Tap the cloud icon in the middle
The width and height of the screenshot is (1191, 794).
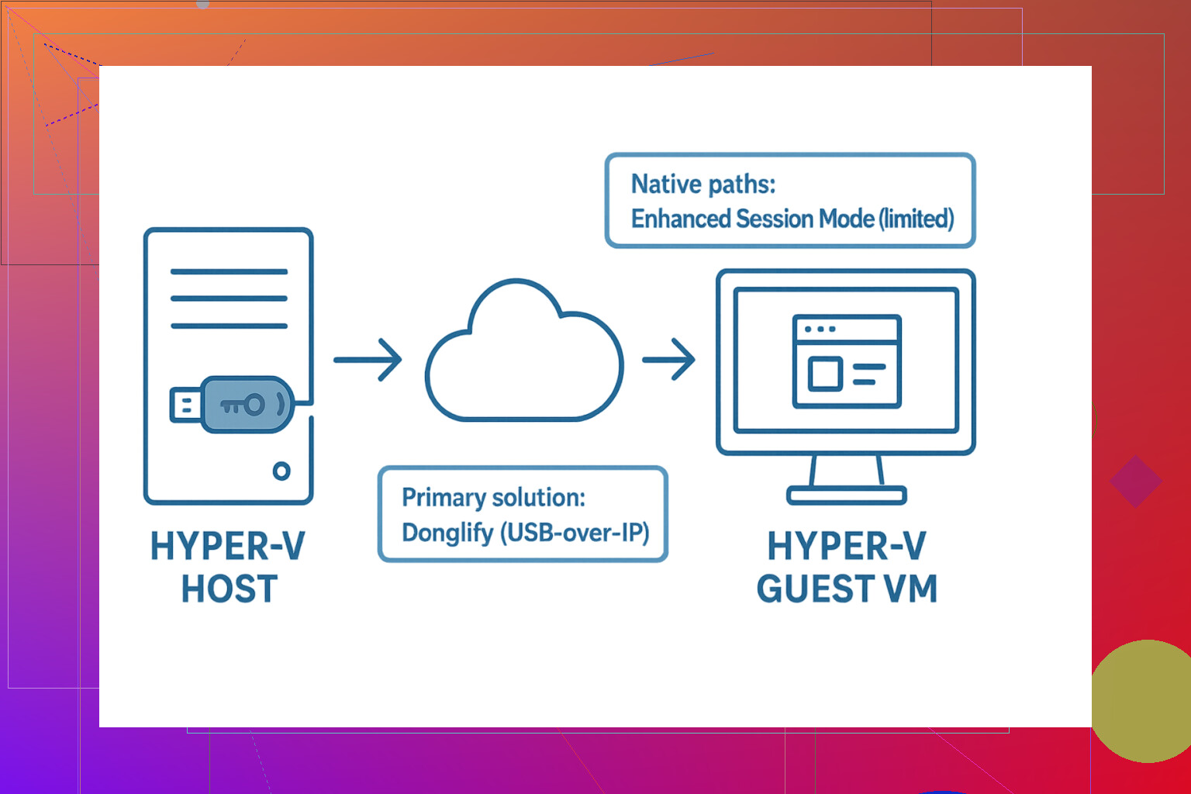point(524,357)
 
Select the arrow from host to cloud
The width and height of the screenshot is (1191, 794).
point(368,360)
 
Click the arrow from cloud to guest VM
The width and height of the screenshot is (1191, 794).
point(668,360)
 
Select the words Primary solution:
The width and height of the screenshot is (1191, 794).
point(493,498)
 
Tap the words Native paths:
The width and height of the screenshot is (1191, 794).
point(703,185)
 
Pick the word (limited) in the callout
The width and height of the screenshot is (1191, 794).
point(916,219)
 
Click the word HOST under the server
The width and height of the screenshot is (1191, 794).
point(230,589)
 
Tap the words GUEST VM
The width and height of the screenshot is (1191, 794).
point(847,589)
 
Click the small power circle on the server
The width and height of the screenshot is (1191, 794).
point(281,471)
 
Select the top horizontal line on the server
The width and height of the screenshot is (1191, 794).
point(229,272)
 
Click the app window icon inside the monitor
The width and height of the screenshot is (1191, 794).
point(846,361)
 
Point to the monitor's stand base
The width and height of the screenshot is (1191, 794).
point(846,495)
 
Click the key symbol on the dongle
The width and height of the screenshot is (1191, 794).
point(243,405)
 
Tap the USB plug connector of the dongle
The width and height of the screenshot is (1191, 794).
point(185,406)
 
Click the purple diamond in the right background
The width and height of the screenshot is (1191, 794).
point(1135,482)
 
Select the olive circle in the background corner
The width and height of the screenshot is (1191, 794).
point(1144,701)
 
